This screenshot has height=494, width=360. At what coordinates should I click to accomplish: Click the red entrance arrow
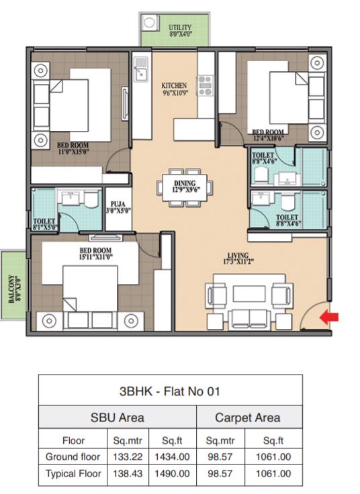click(329, 317)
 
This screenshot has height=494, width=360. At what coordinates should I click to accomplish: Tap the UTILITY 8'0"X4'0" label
click(180, 31)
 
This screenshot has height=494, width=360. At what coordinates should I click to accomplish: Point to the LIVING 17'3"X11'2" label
click(238, 258)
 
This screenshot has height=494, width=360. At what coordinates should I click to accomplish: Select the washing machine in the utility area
click(149, 23)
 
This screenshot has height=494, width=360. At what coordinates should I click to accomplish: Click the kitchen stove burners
click(206, 85)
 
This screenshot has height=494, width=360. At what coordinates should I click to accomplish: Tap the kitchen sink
click(140, 69)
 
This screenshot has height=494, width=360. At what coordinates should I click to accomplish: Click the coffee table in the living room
click(249, 294)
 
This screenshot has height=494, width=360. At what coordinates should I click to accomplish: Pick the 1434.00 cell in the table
click(172, 457)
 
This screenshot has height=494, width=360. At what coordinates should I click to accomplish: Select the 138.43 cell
click(128, 473)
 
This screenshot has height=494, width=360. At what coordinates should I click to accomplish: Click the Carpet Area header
click(247, 417)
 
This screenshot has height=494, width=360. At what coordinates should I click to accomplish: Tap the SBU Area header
click(118, 417)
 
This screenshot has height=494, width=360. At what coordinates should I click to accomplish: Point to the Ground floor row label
click(73, 456)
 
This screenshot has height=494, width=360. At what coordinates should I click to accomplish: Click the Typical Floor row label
click(73, 473)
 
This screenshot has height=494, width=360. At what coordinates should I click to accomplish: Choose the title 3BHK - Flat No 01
click(170, 391)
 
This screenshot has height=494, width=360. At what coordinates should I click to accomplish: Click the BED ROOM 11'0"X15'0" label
click(73, 148)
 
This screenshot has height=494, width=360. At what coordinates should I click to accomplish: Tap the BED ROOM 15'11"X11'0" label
click(95, 254)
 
